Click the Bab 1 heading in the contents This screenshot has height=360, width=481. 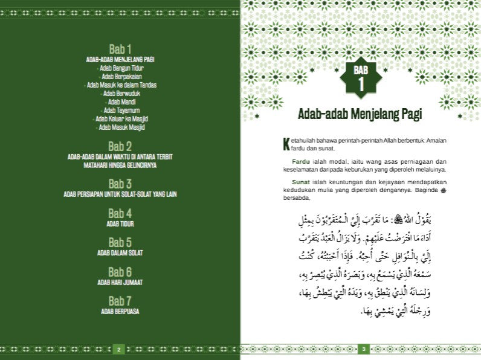pos(120,49)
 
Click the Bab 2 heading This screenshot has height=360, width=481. pos(120,146)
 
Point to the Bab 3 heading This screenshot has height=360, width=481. pos(120,184)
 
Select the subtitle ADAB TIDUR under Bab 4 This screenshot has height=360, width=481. pos(120,224)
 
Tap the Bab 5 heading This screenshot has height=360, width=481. pos(120,243)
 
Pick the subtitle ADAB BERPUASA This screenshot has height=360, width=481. pos(120,312)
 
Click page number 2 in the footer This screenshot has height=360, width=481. pos(119,349)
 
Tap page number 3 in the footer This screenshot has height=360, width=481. pos(364,349)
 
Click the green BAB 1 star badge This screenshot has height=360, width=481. pos(361,79)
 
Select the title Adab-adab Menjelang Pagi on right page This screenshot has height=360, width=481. pos(361,114)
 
